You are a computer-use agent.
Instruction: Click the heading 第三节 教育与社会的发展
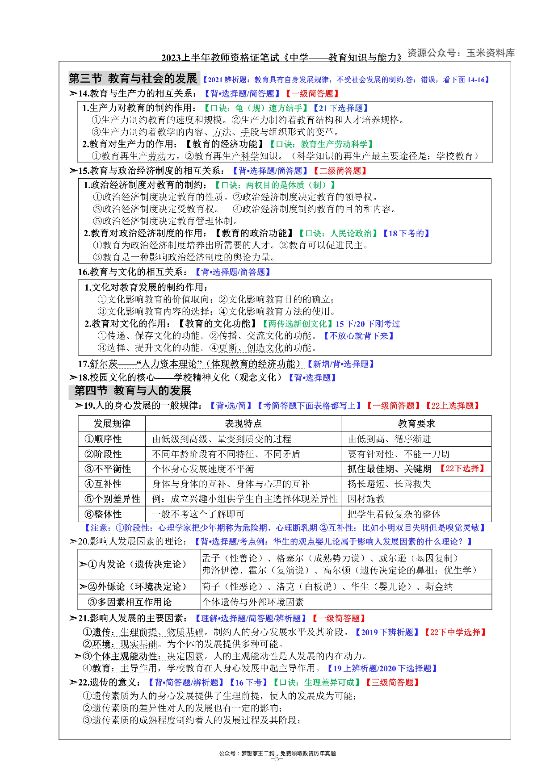pyautogui.click(x=133, y=79)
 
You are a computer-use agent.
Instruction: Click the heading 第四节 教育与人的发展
pyautogui.click(x=133, y=391)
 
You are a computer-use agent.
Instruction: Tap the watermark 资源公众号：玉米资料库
pyautogui.click(x=461, y=53)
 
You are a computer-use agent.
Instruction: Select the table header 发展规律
pyautogui.click(x=112, y=423)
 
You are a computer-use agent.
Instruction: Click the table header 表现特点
pyautogui.click(x=243, y=423)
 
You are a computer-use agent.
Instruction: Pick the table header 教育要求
pyautogui.click(x=416, y=423)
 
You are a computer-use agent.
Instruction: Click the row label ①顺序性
pyautogui.click(x=103, y=439)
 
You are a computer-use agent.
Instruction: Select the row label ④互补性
pyautogui.click(x=103, y=484)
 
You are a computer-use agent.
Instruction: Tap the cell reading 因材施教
pyautogui.click(x=366, y=499)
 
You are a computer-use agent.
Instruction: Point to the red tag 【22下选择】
pyautogui.click(x=462, y=469)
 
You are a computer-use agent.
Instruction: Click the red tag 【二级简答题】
pyautogui.click(x=340, y=171)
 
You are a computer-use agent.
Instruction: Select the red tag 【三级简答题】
pyautogui.click(x=392, y=683)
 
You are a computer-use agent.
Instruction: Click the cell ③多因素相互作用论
pyautogui.click(x=130, y=602)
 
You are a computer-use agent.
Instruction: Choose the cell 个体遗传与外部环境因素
pyautogui.click(x=253, y=602)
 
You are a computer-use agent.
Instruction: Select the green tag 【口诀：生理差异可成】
pyautogui.click(x=316, y=683)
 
